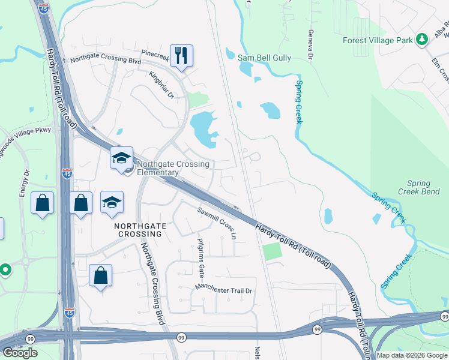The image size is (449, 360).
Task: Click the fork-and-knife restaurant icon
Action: coord(181,55)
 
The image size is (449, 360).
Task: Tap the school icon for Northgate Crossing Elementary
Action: coord(121,158)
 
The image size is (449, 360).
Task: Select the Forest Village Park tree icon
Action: coord(422,40)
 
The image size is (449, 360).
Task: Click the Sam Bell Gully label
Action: coord(264,58)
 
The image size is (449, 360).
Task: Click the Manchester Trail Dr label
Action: coord(224,290)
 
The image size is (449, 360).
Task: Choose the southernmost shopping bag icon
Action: coord(101,276)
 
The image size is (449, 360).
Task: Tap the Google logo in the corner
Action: coord(20,353)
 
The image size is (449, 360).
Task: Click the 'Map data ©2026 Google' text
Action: coord(412,355)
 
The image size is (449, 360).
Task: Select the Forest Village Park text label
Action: coord(378,40)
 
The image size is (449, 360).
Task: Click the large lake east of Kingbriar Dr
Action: coord(204,128)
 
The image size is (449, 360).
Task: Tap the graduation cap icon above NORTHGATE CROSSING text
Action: coord(112,203)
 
